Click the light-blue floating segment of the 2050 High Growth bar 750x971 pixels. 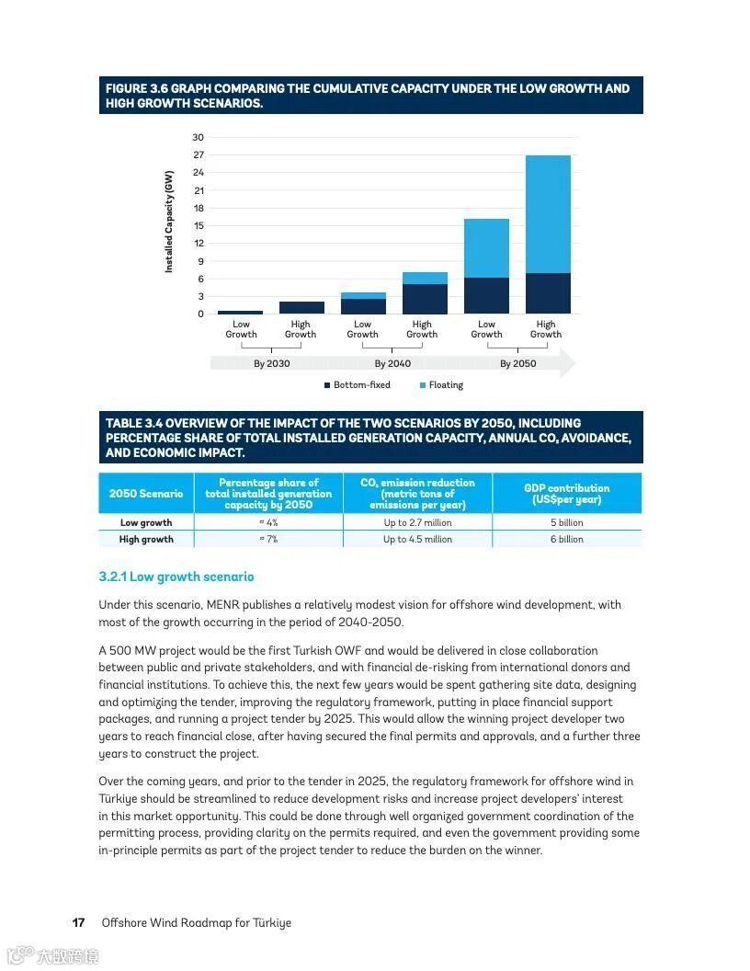pyautogui.click(x=548, y=213)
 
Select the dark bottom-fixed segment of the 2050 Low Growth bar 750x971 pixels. pyautogui.click(x=486, y=295)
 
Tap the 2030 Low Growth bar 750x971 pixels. pyautogui.click(x=240, y=312)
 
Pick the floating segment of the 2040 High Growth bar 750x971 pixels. pyautogui.click(x=425, y=278)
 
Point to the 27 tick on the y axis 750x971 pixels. pyautogui.click(x=199, y=155)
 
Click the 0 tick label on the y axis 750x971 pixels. pyautogui.click(x=199, y=314)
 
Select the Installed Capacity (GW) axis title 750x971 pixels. pyautogui.click(x=169, y=222)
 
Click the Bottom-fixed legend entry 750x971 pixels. pyautogui.click(x=361, y=385)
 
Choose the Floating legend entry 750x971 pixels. pyautogui.click(x=446, y=385)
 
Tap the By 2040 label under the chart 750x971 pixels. pyautogui.click(x=392, y=364)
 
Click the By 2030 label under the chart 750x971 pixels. pyautogui.click(x=271, y=364)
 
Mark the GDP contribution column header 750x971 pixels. pyautogui.click(x=566, y=494)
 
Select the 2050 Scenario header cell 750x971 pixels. pyautogui.click(x=146, y=494)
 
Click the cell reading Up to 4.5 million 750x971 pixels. pyautogui.click(x=417, y=540)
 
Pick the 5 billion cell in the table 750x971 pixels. pyautogui.click(x=566, y=523)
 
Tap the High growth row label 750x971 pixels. pyautogui.click(x=146, y=540)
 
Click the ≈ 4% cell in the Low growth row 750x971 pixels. pyautogui.click(x=268, y=523)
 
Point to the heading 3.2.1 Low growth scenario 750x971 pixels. pyautogui.click(x=176, y=577)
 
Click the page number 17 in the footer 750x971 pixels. pyautogui.click(x=79, y=922)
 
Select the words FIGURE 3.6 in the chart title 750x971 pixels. pyautogui.click(x=134, y=89)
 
